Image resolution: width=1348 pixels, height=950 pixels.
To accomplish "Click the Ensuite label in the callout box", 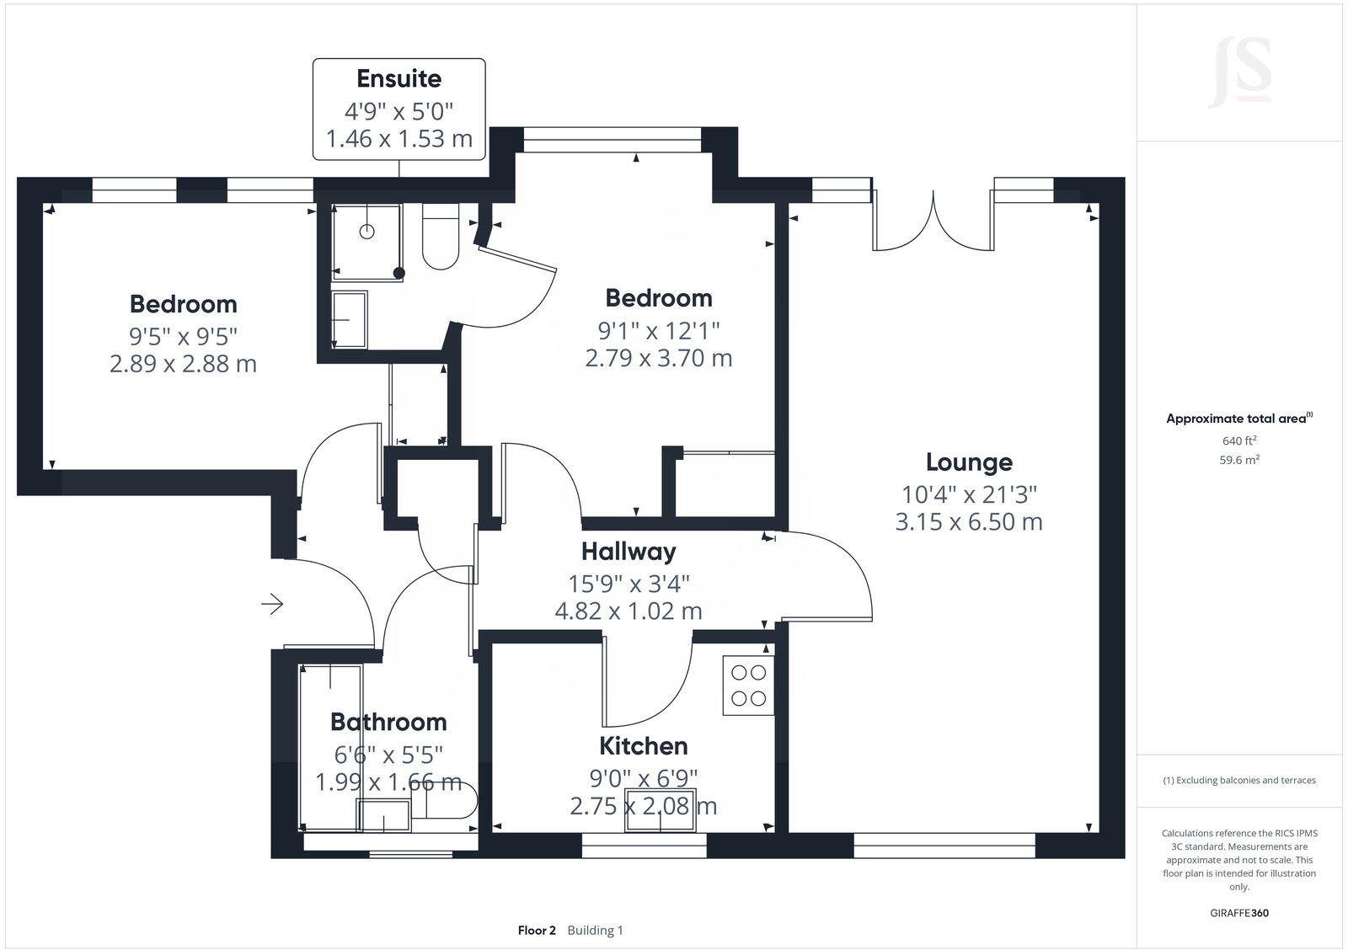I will tap(399, 79).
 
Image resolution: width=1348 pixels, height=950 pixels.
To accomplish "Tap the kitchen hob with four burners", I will tap(749, 686).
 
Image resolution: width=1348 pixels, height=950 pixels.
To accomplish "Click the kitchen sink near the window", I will tap(660, 809).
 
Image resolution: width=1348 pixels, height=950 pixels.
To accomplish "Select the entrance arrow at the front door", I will tap(272, 604).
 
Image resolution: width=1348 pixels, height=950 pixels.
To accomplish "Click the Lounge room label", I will tap(969, 462).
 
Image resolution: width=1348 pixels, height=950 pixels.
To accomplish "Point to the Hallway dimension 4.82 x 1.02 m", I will tap(629, 611).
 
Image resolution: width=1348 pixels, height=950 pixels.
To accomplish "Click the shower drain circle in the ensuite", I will tap(366, 232).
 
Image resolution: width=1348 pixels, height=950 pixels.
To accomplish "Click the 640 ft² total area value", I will tap(1239, 440).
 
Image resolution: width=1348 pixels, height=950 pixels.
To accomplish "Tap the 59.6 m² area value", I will tap(1239, 460).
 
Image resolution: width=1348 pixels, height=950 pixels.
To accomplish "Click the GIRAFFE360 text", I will tap(1239, 913).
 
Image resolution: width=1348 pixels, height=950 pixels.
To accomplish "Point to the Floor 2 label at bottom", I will tap(537, 931).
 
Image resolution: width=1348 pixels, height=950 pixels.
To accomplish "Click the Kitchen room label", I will tap(644, 746).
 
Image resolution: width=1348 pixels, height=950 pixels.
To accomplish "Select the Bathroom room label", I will tap(388, 722).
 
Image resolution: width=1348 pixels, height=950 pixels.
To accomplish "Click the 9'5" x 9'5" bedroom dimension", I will tap(183, 336).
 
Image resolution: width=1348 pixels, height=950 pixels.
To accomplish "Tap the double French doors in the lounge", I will tap(933, 223).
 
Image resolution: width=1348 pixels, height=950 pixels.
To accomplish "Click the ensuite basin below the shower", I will tap(350, 319).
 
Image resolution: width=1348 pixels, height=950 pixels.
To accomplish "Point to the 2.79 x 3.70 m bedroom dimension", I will tap(659, 358).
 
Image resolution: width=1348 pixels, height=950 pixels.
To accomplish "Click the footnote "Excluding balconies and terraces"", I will tap(1239, 780).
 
